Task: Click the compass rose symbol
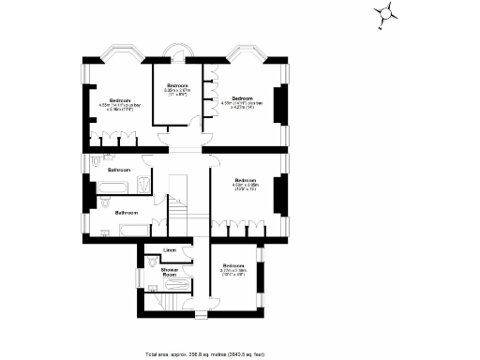pyautogui.click(x=385, y=14)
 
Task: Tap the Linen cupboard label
pyautogui.click(x=170, y=250)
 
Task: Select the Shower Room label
pyautogui.click(x=170, y=272)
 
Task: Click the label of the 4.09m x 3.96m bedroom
pyautogui.click(x=246, y=184)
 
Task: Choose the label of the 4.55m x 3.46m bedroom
pyautogui.click(x=119, y=103)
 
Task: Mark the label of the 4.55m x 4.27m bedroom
pyautogui.click(x=243, y=101)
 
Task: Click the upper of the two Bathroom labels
pyautogui.click(x=118, y=170)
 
